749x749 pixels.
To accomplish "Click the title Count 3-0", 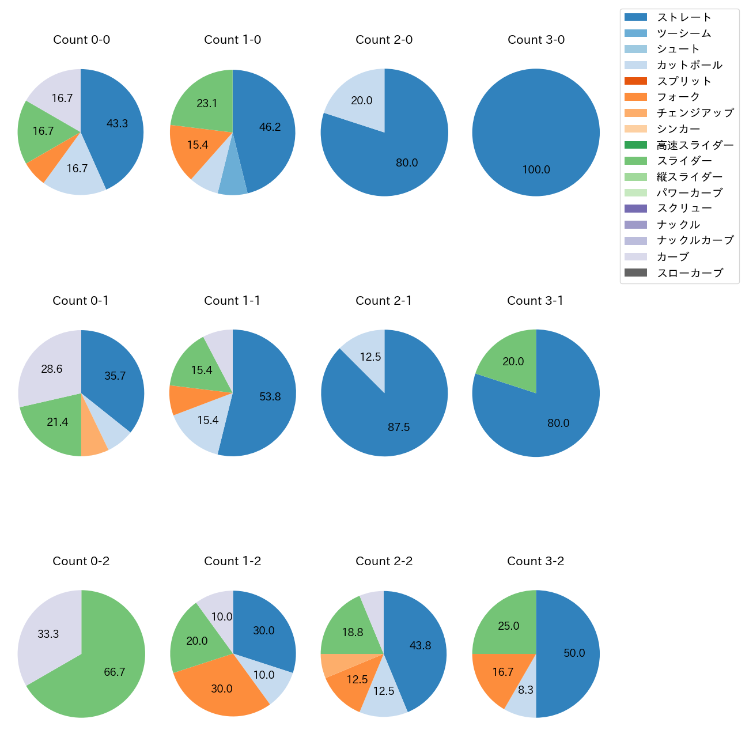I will [x=536, y=40].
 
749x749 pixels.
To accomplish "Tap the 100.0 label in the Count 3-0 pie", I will [x=536, y=170].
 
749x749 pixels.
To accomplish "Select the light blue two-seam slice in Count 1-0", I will [x=233, y=179].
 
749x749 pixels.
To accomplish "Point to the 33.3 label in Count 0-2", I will [x=48, y=634].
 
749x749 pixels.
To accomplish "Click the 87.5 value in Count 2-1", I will [x=399, y=428].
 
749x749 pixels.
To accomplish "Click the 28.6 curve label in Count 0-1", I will [x=52, y=369].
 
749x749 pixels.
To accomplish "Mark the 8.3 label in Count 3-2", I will [x=525, y=690].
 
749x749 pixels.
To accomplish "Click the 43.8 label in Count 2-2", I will [x=420, y=646].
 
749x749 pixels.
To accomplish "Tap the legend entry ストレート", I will [x=684, y=17].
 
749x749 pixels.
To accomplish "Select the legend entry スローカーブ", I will [x=690, y=273].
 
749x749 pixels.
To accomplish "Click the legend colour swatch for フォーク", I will [x=635, y=97].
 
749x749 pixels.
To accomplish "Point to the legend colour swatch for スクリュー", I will [x=635, y=209].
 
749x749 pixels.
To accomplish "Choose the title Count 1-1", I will [x=232, y=301].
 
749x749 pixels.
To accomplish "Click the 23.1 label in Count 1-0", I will [x=207, y=104].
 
